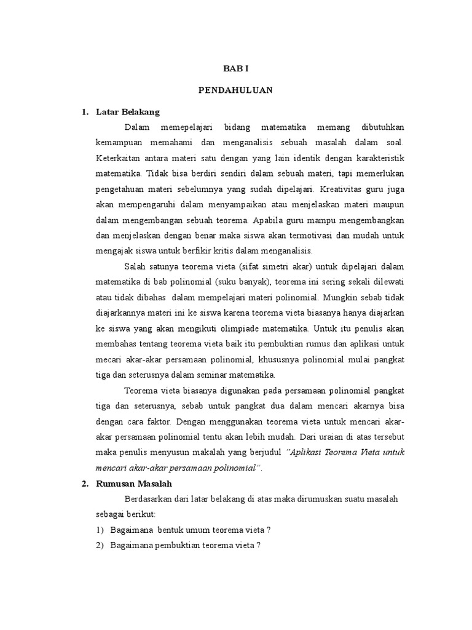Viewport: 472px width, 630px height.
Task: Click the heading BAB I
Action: pyautogui.click(x=235, y=70)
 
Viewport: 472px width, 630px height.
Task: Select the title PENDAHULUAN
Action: pyautogui.click(x=235, y=90)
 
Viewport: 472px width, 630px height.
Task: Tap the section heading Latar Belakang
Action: pyautogui.click(x=128, y=112)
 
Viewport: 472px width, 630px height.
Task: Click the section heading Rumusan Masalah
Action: pyautogui.click(x=135, y=484)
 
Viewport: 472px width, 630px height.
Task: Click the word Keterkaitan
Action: pyautogui.click(x=117, y=158)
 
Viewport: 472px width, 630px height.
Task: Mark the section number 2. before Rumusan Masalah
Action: pyautogui.click(x=85, y=484)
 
